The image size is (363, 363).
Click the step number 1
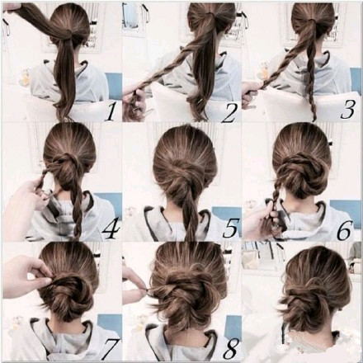pyautogui.click(x=111, y=113)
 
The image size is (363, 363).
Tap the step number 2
pyautogui.click(x=229, y=113)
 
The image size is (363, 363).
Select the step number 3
pyautogui.click(x=347, y=110)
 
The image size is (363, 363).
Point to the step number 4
pyautogui.click(x=111, y=228)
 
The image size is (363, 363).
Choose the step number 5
pyautogui.click(x=230, y=228)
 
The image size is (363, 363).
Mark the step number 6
pyautogui.click(x=344, y=230)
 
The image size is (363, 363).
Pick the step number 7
pyautogui.click(x=110, y=349)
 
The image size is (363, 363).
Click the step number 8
pyautogui.click(x=230, y=349)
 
